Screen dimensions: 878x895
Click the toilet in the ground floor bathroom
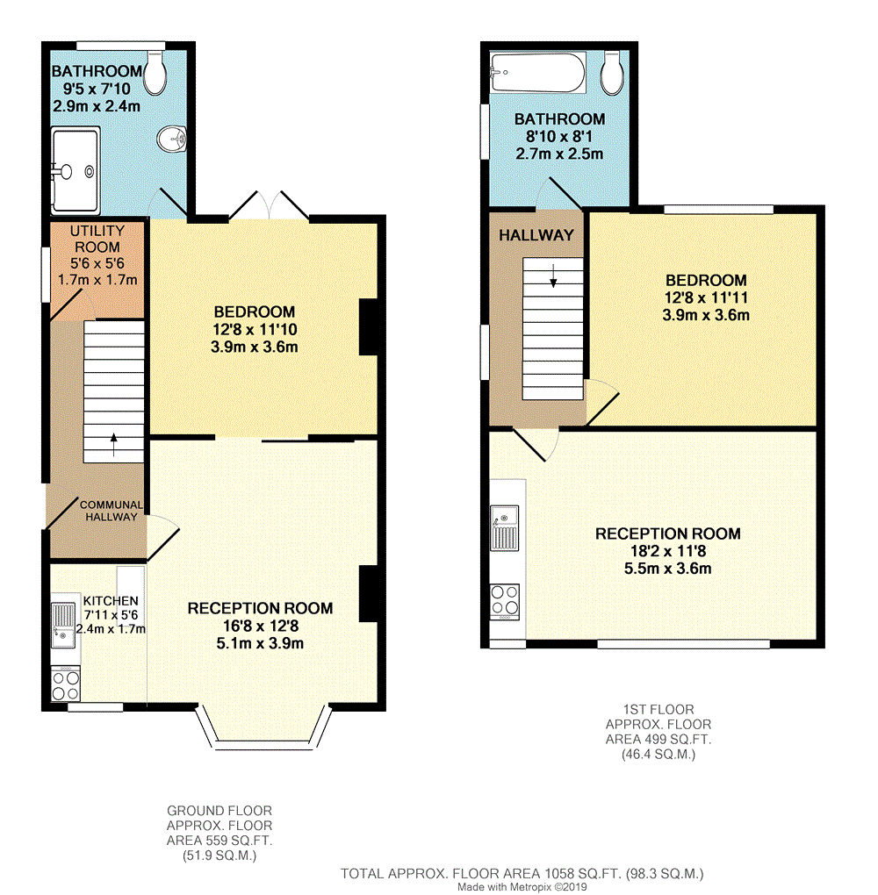pyautogui.click(x=155, y=73)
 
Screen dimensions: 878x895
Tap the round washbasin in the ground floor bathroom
pyautogui.click(x=172, y=139)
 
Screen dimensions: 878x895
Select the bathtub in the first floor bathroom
pyautogui.click(x=537, y=73)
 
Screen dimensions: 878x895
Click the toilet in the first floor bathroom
pyautogui.click(x=611, y=73)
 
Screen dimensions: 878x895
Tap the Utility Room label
pyautogui.click(x=97, y=239)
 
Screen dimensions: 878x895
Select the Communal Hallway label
pyautogui.click(x=112, y=511)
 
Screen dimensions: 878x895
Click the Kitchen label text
pyautogui.click(x=111, y=600)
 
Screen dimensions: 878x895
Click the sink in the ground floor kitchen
pyautogui.click(x=63, y=626)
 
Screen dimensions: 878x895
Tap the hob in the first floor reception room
pyautogui.click(x=505, y=601)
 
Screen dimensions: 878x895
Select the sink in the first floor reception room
pyautogui.click(x=504, y=528)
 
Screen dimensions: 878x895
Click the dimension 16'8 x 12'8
pyautogui.click(x=261, y=626)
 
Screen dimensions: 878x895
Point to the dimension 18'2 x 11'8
pyautogui.click(x=668, y=551)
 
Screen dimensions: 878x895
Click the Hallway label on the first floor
pyautogui.click(x=536, y=235)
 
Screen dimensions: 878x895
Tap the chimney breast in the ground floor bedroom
pyautogui.click(x=369, y=327)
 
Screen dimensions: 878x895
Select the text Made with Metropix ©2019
pyautogui.click(x=522, y=887)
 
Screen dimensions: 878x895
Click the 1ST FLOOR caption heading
pyautogui.click(x=658, y=710)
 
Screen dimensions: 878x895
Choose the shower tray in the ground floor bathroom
pyautogui.click(x=76, y=171)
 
